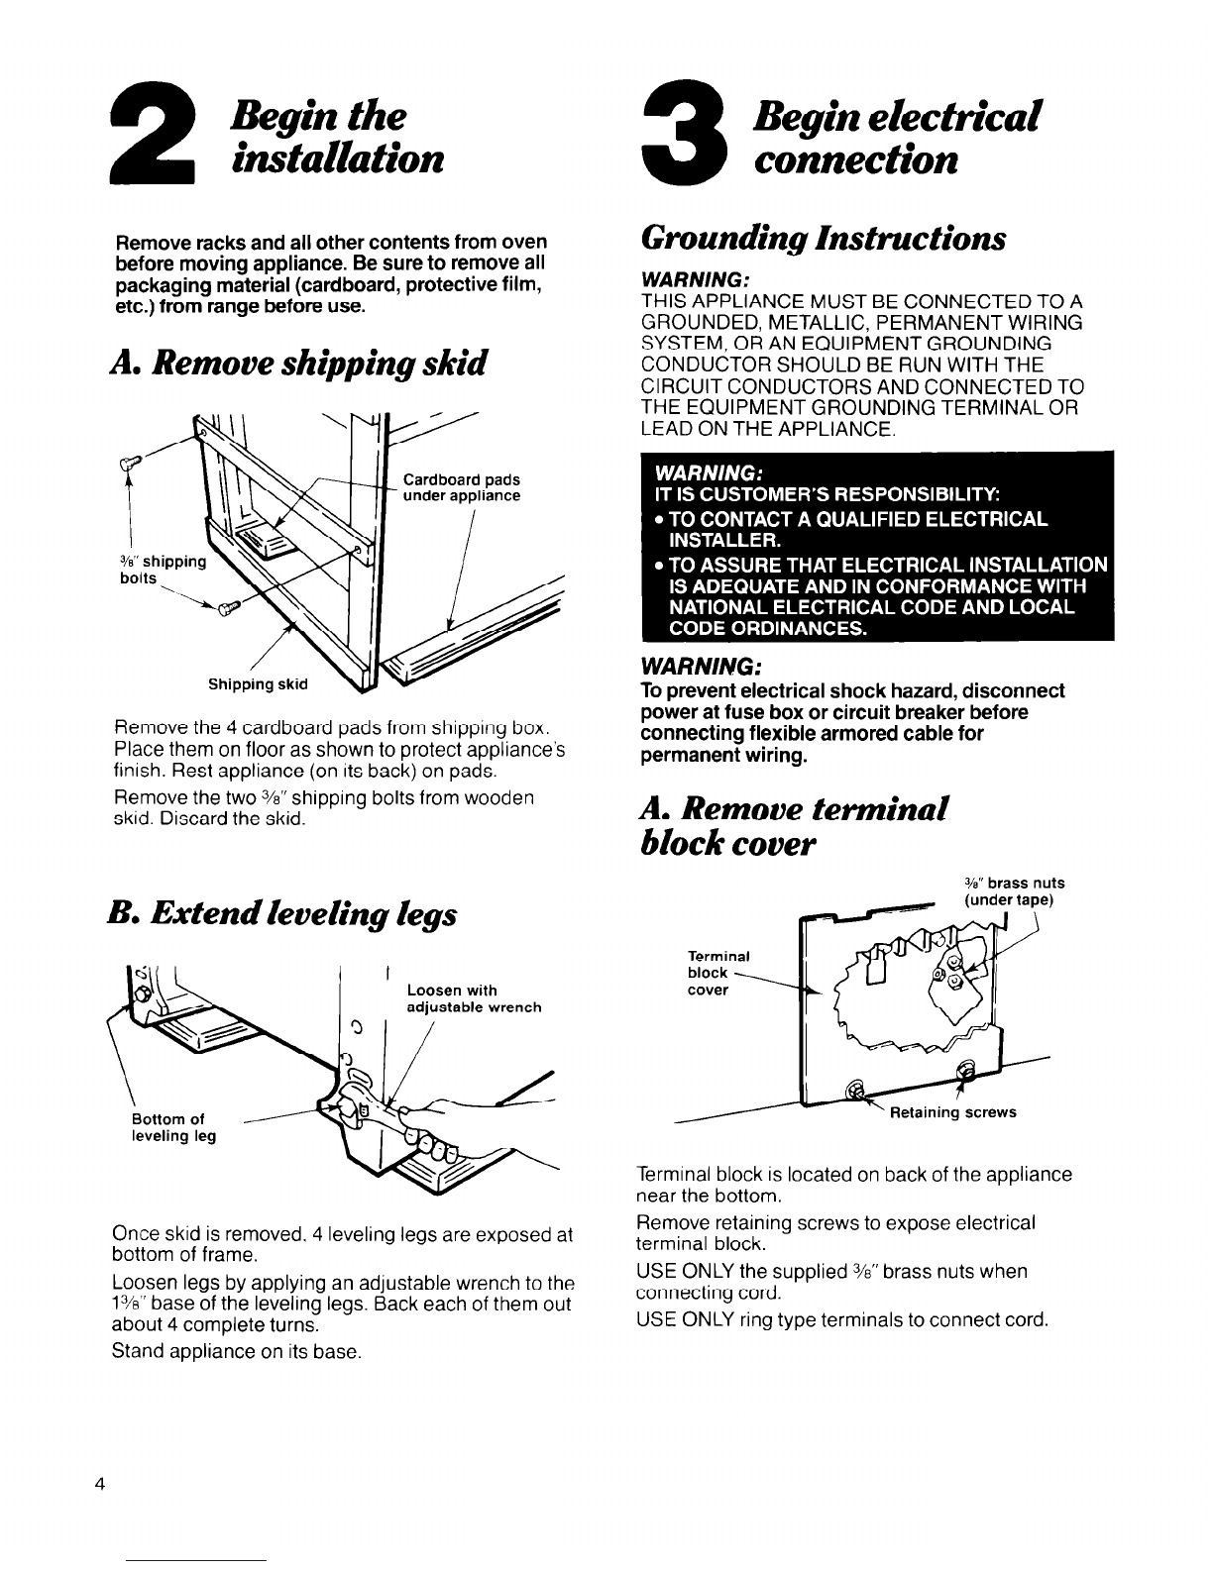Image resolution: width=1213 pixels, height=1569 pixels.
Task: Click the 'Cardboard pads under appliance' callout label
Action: click(461, 488)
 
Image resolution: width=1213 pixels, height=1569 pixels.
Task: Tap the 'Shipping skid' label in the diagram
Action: click(258, 683)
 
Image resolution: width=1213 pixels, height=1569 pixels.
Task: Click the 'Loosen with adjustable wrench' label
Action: click(474, 998)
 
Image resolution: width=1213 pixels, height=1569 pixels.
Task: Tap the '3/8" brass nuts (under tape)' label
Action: click(1013, 891)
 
